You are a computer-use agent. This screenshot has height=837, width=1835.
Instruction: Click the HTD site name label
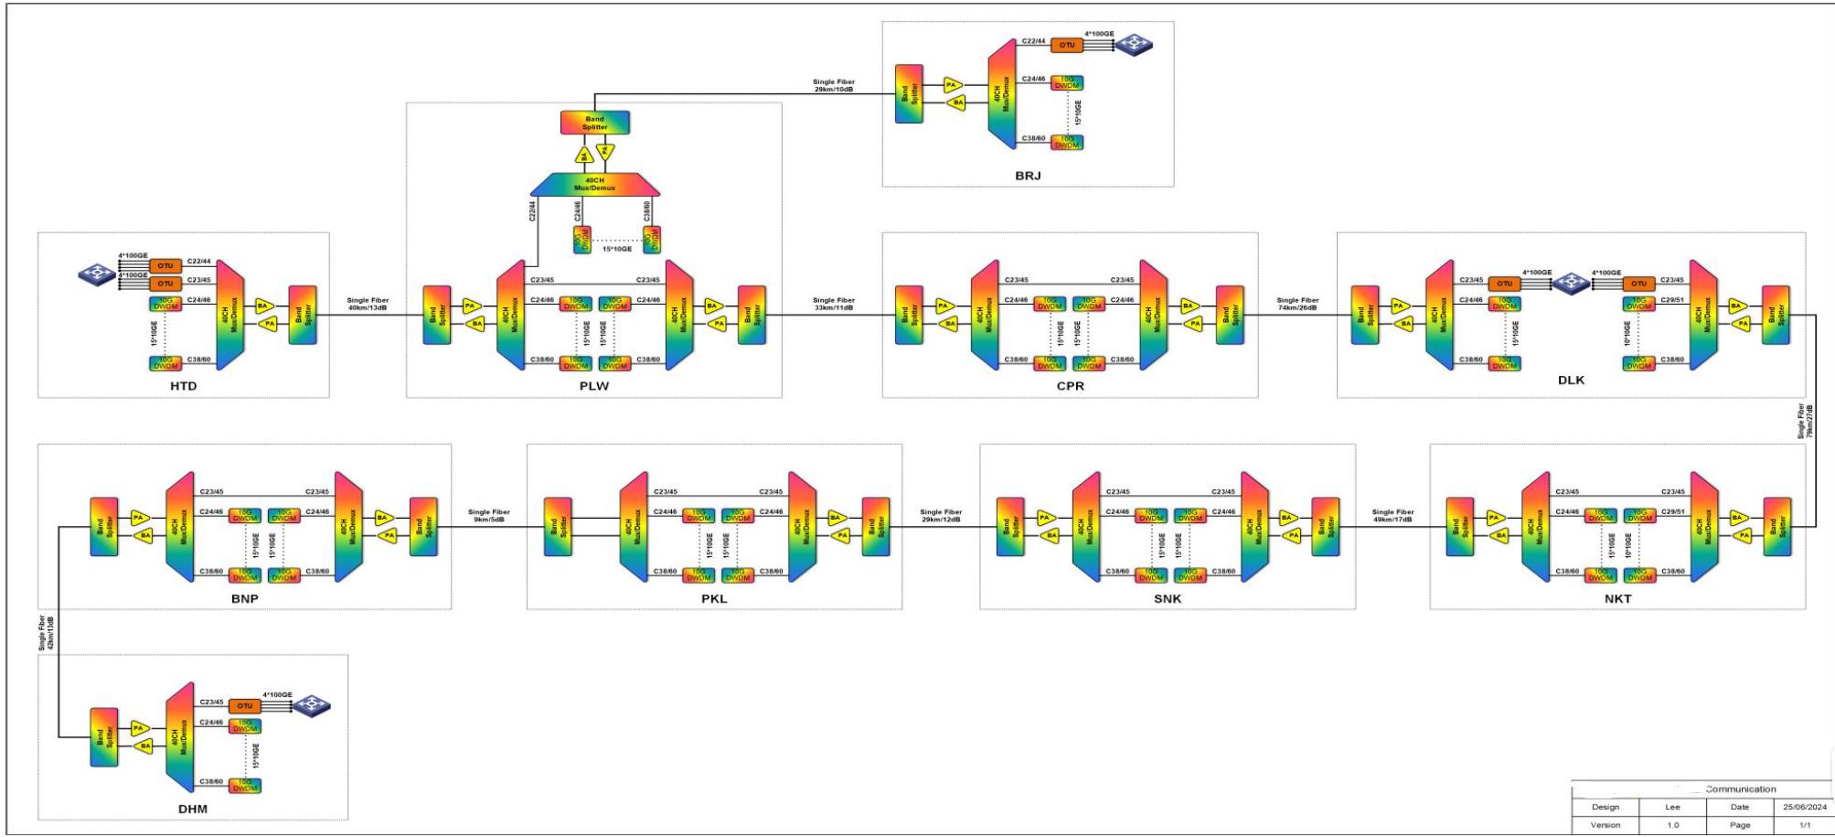pyautogui.click(x=183, y=386)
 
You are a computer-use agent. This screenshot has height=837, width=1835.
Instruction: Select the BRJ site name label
pyautogui.click(x=1028, y=176)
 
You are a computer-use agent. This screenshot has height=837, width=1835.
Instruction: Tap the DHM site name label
pyautogui.click(x=192, y=809)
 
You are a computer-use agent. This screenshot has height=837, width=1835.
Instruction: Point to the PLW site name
pyautogui.click(x=593, y=386)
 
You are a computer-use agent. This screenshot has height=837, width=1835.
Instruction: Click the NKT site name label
pyautogui.click(x=1617, y=598)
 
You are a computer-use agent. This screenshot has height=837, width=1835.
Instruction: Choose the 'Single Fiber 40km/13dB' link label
pyautogui.click(x=368, y=304)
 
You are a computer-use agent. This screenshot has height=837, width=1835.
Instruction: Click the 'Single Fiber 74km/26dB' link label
pyautogui.click(x=1297, y=304)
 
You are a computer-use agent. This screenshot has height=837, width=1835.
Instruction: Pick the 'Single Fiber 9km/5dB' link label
pyautogui.click(x=489, y=516)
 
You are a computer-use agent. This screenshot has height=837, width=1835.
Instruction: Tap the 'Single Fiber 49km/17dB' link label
pyautogui.click(x=1392, y=516)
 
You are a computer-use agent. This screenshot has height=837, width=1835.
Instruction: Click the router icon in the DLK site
pyautogui.click(x=1572, y=283)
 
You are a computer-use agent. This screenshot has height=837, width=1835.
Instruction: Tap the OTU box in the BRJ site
pyautogui.click(x=1067, y=45)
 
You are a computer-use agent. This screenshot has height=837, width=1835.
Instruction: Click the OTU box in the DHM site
pyautogui.click(x=244, y=706)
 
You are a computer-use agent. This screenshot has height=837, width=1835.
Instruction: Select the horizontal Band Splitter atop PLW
pyautogui.click(x=595, y=123)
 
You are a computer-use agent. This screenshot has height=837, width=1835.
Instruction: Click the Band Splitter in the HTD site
pyautogui.click(x=303, y=315)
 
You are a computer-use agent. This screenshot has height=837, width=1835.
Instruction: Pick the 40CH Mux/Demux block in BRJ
pyautogui.click(x=1002, y=93)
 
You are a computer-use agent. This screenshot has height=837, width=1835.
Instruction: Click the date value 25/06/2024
pyautogui.click(x=1803, y=807)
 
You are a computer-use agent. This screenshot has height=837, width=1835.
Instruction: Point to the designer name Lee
pyautogui.click(x=1672, y=807)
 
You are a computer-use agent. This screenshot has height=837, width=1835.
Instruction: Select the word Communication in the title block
pyautogui.click(x=1740, y=789)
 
